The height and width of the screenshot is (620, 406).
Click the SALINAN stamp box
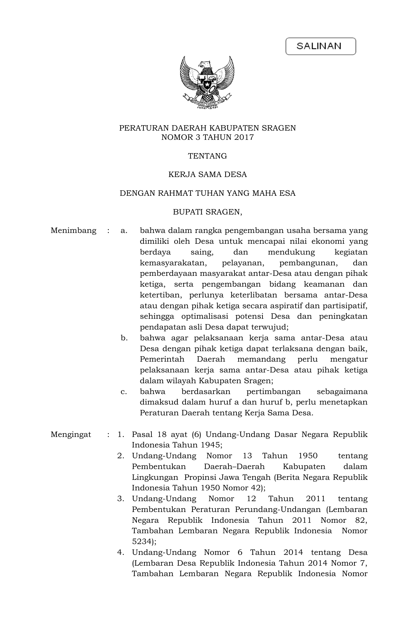click(320, 46)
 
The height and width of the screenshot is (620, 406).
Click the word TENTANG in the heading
click(207, 156)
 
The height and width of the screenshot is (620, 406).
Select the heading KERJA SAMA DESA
click(207, 174)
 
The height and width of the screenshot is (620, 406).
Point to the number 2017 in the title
click(244, 137)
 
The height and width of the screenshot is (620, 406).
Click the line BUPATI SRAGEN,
click(207, 212)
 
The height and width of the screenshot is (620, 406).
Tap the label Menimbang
click(73, 230)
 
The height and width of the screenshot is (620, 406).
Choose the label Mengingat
click(71, 434)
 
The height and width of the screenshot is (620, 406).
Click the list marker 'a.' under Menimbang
click(124, 230)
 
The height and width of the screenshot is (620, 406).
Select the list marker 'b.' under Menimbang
click(124, 338)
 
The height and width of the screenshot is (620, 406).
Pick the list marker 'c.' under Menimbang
click(124, 392)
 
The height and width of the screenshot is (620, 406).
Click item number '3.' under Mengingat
click(121, 499)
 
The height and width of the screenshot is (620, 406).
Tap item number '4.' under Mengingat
click(121, 553)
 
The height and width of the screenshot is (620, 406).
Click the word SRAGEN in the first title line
click(279, 128)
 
